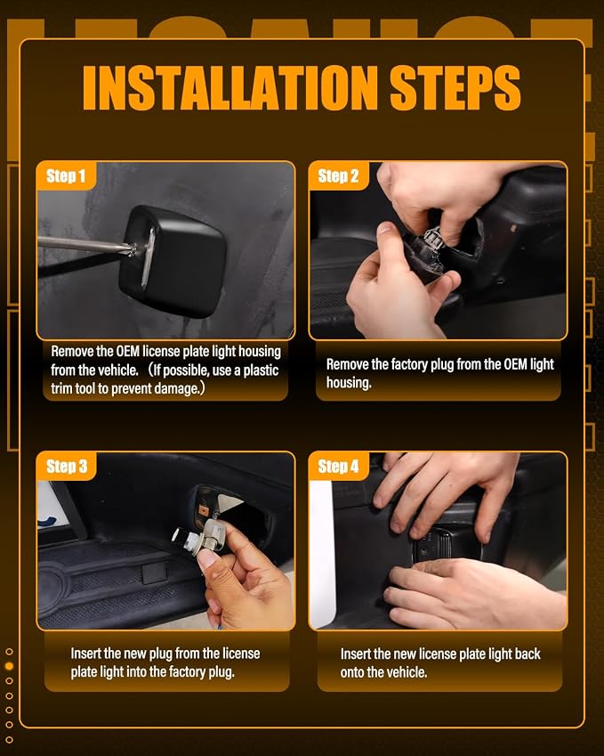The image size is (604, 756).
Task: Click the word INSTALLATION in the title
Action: click(x=230, y=88)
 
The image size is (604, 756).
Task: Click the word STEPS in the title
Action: click(x=455, y=88)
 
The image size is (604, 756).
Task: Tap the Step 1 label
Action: click(x=66, y=175)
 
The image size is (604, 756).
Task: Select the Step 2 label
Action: click(x=338, y=175)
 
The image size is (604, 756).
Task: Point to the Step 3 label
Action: click(x=67, y=467)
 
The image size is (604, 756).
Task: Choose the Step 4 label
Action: click(x=338, y=467)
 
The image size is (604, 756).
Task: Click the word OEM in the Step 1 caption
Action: click(x=127, y=351)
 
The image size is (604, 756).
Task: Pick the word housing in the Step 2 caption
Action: click(x=348, y=383)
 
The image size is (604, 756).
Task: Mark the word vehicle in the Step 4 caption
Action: click(x=403, y=672)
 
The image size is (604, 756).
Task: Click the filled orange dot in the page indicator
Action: click(x=9, y=666)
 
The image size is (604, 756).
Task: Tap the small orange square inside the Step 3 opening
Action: click(x=203, y=509)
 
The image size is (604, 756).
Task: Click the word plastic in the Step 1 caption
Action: click(x=261, y=370)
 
